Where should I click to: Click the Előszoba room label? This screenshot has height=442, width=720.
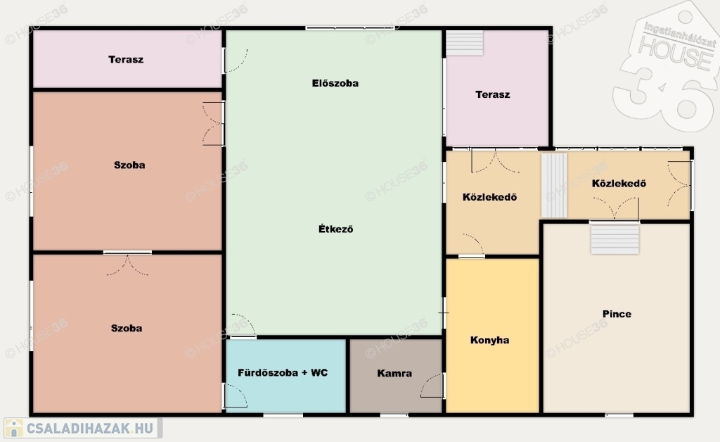[x=335, y=83]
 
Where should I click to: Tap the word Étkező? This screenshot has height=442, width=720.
[x=335, y=229]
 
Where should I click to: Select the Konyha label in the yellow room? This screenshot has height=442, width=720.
[x=489, y=340]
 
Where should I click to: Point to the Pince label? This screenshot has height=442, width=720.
[x=617, y=314]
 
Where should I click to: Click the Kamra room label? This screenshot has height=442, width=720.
[x=394, y=373]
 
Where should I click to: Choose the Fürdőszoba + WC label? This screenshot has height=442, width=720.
[x=283, y=372]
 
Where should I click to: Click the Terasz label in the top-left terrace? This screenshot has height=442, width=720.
[x=126, y=59]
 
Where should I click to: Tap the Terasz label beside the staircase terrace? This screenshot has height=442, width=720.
[x=493, y=94]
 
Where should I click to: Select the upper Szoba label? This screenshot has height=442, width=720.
[x=129, y=165]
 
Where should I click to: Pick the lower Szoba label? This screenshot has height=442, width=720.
[x=127, y=328]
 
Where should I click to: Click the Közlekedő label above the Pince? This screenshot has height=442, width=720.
[x=619, y=184]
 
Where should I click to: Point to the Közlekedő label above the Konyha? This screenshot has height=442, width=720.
[x=489, y=197]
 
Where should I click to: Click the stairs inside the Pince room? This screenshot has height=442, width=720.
[x=615, y=238]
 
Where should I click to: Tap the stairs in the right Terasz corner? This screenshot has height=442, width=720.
[x=465, y=43]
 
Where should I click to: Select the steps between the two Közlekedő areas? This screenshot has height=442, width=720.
[x=554, y=185]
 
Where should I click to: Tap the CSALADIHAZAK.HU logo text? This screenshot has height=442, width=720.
[x=89, y=429]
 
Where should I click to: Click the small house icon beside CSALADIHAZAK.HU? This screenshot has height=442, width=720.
[x=14, y=428]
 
